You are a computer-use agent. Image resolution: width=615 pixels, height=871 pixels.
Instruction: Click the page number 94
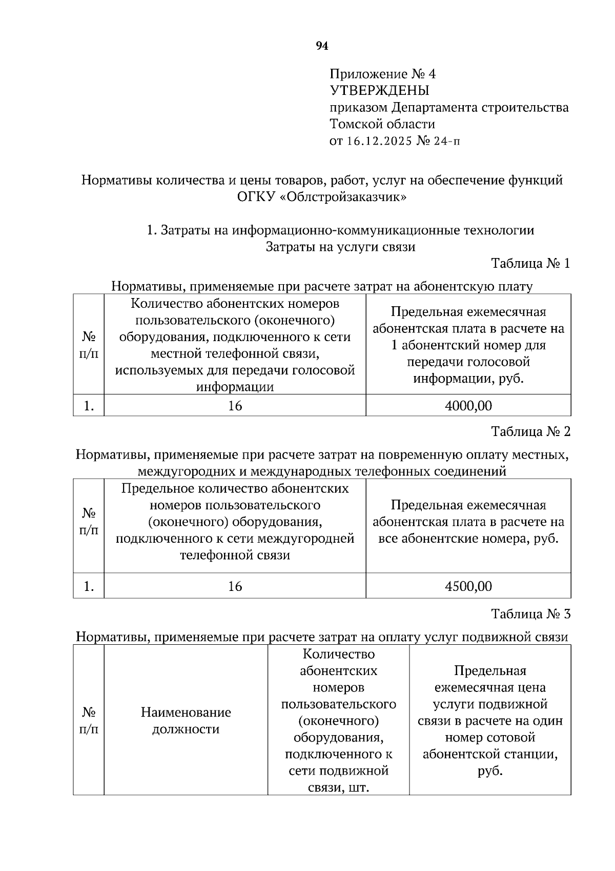point(321,47)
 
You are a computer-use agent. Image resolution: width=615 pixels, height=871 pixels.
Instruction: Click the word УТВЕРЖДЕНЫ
point(379,91)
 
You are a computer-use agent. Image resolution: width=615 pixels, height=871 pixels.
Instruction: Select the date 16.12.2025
point(379,141)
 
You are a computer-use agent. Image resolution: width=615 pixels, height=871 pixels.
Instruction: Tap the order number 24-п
point(446,141)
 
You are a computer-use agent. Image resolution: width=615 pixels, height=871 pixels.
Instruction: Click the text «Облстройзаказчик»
point(343,197)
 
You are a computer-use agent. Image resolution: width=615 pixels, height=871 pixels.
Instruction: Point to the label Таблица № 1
point(530,264)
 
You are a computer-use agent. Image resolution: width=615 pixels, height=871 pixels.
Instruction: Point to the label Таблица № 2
point(530,431)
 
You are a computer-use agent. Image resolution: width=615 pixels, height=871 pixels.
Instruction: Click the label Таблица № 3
point(530,614)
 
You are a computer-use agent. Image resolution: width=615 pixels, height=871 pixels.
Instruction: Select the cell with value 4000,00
point(468,406)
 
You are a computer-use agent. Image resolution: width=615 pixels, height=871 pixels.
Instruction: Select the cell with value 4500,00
point(468,586)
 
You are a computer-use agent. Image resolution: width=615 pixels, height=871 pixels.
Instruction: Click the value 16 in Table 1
point(235,406)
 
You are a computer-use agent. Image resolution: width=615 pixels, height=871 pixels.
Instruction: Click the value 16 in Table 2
point(235,586)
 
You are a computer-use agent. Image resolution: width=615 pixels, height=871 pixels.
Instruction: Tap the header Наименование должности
point(186,721)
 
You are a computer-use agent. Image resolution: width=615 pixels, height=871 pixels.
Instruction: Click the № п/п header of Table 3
point(89,721)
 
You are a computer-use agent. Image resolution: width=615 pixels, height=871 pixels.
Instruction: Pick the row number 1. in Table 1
point(89,406)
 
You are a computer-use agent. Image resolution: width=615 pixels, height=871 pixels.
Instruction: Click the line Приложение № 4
point(382,74)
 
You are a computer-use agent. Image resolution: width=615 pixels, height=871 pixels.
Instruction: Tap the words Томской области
point(382,124)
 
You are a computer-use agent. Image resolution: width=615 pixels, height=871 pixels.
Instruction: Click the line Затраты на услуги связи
point(340,247)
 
